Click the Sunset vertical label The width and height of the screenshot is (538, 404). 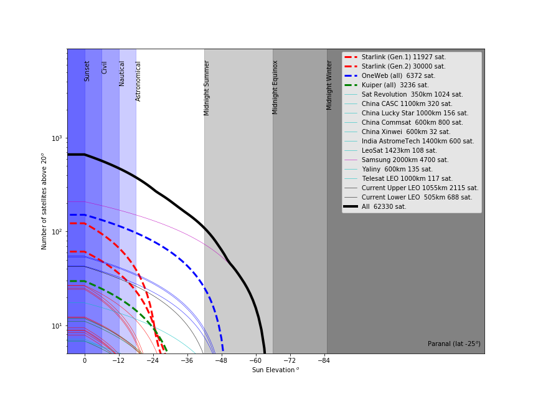87,71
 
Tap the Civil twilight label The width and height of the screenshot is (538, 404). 105,67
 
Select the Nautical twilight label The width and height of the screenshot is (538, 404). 122,73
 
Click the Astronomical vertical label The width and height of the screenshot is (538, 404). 139,81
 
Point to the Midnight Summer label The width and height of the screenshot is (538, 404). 207,88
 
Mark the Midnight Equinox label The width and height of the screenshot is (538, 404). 275,87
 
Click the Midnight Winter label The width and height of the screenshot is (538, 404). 330,85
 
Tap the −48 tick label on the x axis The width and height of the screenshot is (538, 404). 221,360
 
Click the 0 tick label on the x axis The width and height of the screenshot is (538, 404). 85,360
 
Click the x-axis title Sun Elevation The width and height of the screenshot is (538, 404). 275,370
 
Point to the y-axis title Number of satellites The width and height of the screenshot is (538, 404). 44,201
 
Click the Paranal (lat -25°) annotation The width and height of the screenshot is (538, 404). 454,344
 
